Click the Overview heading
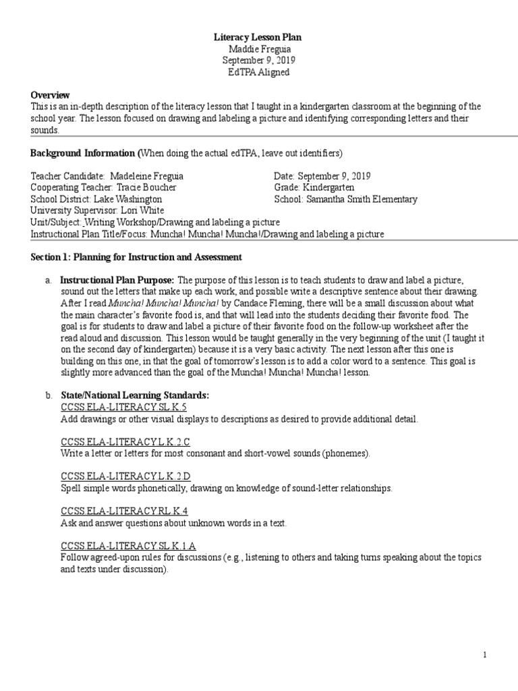pos(51,95)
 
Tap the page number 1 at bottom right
pos(484,655)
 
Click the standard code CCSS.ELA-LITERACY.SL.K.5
pos(124,408)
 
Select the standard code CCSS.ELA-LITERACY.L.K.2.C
pos(125,442)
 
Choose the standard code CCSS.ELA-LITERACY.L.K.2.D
pos(126,476)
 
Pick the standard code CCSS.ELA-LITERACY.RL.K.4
pos(124,510)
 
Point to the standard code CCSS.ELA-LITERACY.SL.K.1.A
pos(128,545)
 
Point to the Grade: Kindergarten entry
pos(314,188)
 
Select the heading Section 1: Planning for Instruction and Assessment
pos(136,257)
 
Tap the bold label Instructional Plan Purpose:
pos(117,280)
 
